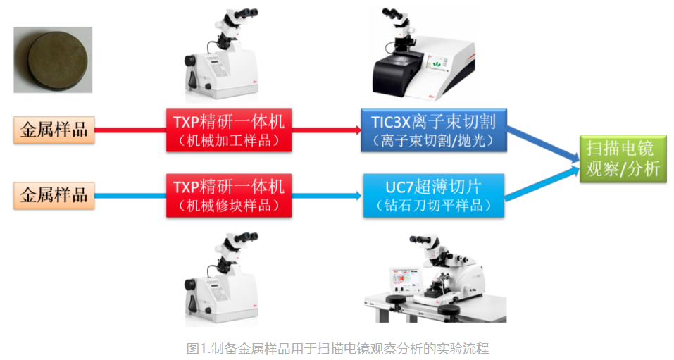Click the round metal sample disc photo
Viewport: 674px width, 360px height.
53,60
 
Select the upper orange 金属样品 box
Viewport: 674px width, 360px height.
54,130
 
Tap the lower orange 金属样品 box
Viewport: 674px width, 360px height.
54,195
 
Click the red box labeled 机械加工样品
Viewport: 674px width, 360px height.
229,130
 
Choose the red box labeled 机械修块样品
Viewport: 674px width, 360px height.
229,195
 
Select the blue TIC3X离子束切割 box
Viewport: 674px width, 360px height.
434,130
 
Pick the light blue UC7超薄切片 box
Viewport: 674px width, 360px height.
434,195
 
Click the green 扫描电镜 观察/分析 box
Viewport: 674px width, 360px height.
623,159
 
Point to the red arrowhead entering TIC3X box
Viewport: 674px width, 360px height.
357,130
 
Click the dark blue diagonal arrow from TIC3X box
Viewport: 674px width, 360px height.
543,144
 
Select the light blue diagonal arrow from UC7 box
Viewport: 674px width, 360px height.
542,184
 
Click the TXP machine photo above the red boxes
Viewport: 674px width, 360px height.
222,54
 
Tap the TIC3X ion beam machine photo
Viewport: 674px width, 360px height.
423,54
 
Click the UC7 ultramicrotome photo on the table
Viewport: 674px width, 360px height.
435,278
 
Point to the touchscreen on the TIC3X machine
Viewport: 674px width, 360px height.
436,63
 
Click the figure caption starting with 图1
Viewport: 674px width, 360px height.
337,347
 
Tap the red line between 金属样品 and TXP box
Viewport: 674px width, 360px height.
130,130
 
